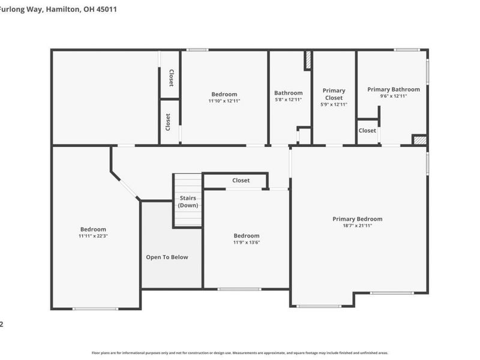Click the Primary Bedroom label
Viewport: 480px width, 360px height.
click(x=357, y=219)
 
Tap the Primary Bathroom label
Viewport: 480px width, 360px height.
click(x=393, y=89)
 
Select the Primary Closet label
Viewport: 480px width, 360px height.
click(x=334, y=94)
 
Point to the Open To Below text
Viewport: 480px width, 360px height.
click(x=167, y=257)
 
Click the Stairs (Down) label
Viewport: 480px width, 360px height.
click(x=188, y=202)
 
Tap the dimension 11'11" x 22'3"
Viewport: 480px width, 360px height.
click(x=93, y=236)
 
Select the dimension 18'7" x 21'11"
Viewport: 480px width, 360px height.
click(x=357, y=226)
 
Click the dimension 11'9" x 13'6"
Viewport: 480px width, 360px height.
click(x=247, y=242)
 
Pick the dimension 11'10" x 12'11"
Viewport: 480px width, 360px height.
click(x=224, y=101)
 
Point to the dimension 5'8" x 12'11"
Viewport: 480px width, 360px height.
click(x=288, y=100)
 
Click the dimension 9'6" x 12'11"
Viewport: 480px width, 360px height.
click(x=393, y=96)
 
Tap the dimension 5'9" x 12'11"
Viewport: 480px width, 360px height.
click(x=334, y=104)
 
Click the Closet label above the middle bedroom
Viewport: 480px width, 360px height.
click(x=241, y=180)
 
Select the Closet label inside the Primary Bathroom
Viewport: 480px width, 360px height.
click(x=367, y=130)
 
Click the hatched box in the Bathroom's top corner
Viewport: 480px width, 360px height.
click(x=308, y=60)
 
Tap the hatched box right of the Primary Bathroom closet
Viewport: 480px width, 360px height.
click(x=419, y=140)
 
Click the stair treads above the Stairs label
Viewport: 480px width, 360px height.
click(x=188, y=183)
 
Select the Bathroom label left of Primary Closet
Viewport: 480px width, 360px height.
click(x=288, y=93)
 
